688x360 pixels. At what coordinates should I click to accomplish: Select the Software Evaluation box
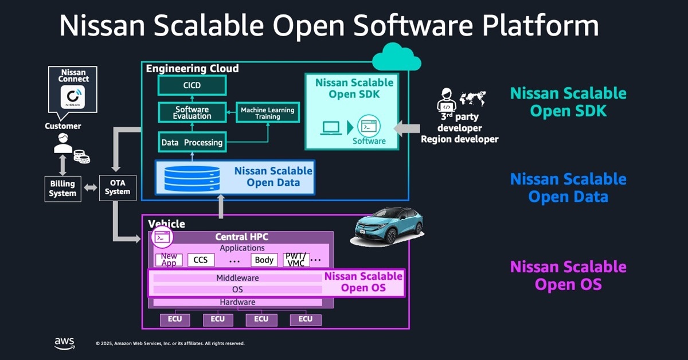(193, 112)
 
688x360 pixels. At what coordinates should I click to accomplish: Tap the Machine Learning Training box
(267, 112)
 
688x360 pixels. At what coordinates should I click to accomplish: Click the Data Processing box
(192, 142)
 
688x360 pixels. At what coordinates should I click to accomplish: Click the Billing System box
(62, 189)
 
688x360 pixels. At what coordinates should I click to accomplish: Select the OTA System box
(118, 187)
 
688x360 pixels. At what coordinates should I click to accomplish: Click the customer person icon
(64, 144)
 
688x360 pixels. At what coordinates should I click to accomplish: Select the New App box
(169, 260)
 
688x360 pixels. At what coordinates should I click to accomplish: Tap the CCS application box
(201, 260)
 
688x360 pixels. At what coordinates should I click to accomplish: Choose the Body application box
(264, 260)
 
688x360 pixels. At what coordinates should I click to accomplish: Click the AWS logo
(64, 342)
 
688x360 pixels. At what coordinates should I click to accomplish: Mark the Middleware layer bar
(237, 278)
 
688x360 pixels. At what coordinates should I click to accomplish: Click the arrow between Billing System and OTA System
(90, 188)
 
